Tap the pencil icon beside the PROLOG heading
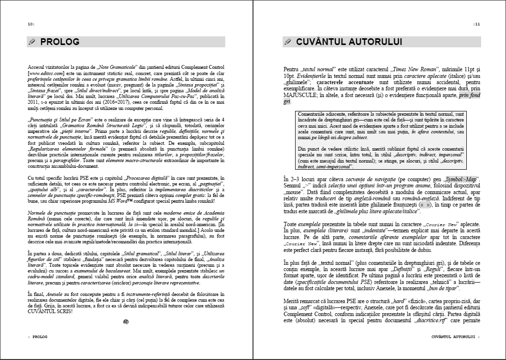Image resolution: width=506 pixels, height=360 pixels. coord(33,42)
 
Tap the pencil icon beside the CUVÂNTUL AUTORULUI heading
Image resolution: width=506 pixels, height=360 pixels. coord(288,42)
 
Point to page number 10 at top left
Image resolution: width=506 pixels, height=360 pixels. coord(31,24)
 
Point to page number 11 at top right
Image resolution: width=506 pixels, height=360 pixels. coord(477,24)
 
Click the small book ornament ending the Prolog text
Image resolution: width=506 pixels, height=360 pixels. coord(126,322)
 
